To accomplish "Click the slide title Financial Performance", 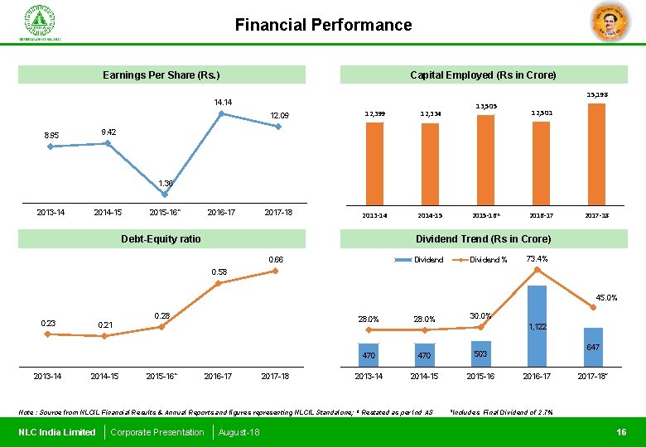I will [x=323, y=25].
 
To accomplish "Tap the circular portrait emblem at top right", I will [x=610, y=22].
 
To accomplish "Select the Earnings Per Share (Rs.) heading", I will [x=161, y=75].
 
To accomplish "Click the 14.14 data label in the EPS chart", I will [x=223, y=103].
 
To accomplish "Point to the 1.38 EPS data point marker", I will [x=165, y=195].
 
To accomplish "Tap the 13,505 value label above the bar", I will [x=485, y=106].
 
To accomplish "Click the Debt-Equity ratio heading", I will [x=161, y=239].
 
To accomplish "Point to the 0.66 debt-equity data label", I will [x=276, y=260].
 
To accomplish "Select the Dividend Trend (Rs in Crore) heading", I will [x=484, y=239].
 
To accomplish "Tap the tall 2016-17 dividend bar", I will [x=538, y=325].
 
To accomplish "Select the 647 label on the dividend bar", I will [x=593, y=347].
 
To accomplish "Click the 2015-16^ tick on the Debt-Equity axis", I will [x=165, y=377].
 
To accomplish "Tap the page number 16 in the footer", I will [x=621, y=432].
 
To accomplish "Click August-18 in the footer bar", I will [x=239, y=432].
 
